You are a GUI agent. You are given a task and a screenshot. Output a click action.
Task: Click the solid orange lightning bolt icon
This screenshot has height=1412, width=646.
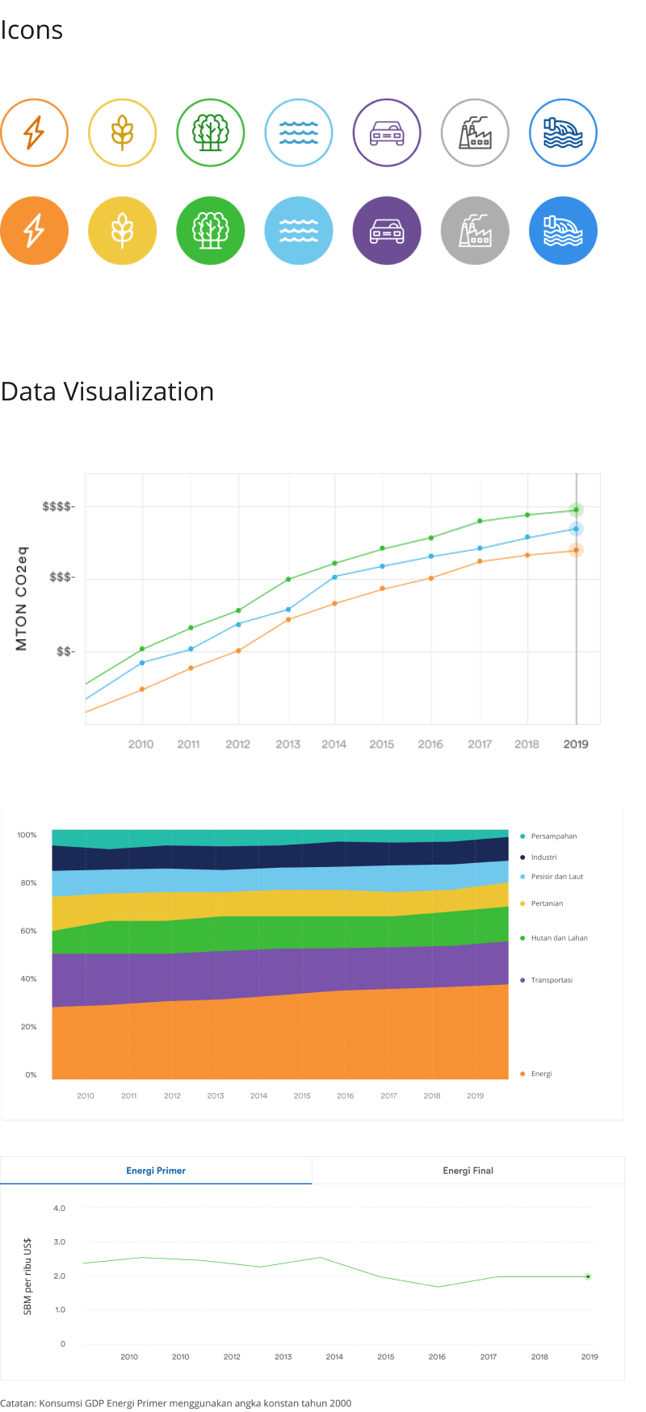coord(34,230)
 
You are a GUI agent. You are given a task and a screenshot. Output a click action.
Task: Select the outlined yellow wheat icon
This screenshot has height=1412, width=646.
coord(122,132)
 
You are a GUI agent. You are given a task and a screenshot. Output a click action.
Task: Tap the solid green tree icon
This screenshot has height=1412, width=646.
coord(210,230)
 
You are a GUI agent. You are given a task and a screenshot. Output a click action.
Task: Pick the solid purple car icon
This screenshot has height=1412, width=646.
coord(386,230)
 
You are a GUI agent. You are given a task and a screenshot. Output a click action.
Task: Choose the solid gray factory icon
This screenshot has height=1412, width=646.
coord(475,230)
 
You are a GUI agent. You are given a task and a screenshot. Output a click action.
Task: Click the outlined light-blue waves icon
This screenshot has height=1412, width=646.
coord(299,132)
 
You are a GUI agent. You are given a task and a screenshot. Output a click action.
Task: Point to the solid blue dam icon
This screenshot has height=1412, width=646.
coord(563,230)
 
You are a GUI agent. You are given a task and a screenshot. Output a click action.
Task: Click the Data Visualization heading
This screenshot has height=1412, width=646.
coord(107,392)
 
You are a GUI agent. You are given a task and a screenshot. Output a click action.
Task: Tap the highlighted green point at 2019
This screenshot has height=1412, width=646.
coord(576,509)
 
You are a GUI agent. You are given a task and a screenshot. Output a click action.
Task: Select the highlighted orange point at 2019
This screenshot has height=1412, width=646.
coord(576,550)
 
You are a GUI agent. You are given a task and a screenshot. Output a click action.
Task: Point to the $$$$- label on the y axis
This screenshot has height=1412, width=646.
coord(58,506)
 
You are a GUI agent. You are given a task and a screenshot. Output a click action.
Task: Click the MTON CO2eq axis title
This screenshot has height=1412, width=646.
coord(22,598)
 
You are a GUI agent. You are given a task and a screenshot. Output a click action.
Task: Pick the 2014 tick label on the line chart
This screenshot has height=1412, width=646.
coord(333,744)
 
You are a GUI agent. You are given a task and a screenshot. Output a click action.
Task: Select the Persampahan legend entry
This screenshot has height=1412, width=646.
coord(553,836)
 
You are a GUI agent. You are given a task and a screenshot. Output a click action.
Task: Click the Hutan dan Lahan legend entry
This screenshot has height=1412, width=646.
coord(559,938)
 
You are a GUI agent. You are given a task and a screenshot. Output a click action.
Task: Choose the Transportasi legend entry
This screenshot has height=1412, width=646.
coord(552,980)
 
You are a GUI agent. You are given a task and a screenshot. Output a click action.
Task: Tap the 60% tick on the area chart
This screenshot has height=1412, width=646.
coord(28,931)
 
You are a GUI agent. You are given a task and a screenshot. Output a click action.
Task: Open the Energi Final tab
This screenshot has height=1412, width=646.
coord(468,1171)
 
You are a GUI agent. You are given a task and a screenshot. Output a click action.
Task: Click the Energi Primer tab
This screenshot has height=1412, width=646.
coord(156,1171)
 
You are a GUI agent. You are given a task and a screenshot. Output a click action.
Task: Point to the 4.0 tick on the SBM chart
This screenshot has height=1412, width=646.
coord(59,1209)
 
